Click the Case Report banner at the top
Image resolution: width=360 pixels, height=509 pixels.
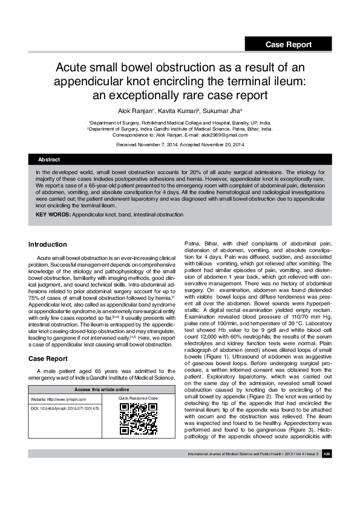[289, 44]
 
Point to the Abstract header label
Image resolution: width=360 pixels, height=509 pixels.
[49, 159]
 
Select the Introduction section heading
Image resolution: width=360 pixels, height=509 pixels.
[48, 244]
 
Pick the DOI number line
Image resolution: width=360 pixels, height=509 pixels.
[65, 409]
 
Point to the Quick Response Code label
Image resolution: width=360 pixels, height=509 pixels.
[139, 398]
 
